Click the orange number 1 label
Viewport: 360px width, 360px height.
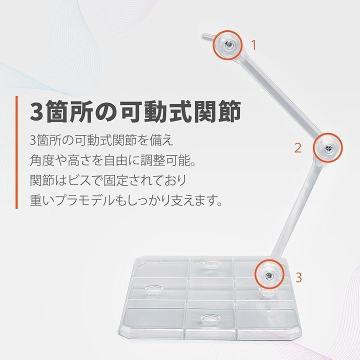coord(253,45)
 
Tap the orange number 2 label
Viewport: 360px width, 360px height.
coord(298,148)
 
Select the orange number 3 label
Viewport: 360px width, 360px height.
coord(298,277)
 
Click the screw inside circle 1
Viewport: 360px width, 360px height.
coord(228,45)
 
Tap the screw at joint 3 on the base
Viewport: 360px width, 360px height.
coord(268,275)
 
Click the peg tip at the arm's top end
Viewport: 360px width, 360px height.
coord(203,36)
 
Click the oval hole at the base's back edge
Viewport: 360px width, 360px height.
coord(211,264)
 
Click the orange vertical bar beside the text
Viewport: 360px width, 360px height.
coord(16,152)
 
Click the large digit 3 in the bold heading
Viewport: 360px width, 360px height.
coord(36,112)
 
